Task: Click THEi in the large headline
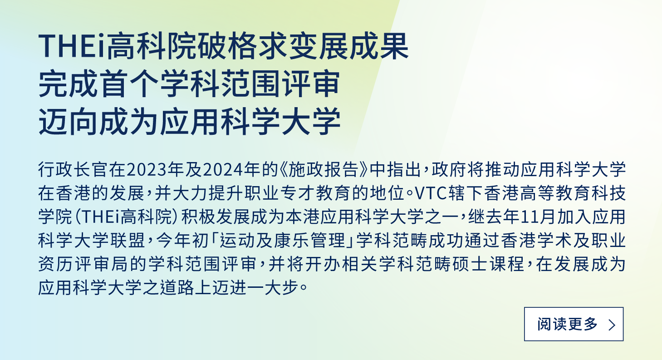coord(72,46)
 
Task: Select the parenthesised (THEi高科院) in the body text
coord(126,217)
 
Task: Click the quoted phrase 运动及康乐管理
coord(283,240)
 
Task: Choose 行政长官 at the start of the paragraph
coord(73,170)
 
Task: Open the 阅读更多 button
coord(574,324)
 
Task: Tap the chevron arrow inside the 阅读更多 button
coord(612,325)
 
